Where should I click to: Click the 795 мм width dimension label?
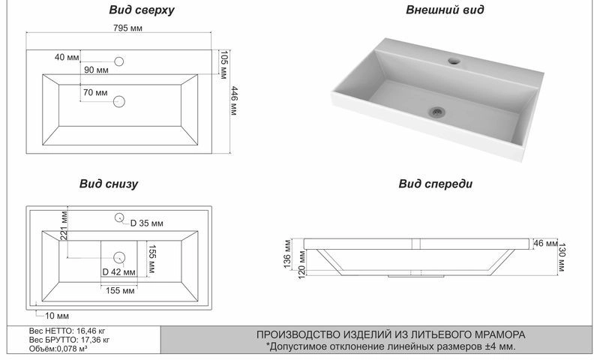pos(127,28)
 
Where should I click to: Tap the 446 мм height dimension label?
pos(234,100)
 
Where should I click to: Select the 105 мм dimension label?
pos(223,64)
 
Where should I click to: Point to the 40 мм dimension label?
pos(67,57)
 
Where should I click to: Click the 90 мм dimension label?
pos(96,70)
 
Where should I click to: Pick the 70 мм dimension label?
pos(95,92)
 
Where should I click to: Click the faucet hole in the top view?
pos(119,61)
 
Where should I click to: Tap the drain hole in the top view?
pos(119,101)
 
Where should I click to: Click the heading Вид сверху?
pos(142,10)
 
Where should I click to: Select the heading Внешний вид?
pos(445,10)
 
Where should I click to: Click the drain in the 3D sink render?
pos(436,112)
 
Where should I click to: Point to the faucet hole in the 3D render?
pos(454,61)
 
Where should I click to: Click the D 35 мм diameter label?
pos(146,223)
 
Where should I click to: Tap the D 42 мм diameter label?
pos(119,272)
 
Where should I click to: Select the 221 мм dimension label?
pos(64,225)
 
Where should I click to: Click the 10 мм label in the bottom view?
pos(57,316)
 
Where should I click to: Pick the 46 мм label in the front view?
pos(545,243)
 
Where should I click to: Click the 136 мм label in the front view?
pos(288,253)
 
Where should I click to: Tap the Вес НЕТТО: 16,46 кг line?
pos(67,331)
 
